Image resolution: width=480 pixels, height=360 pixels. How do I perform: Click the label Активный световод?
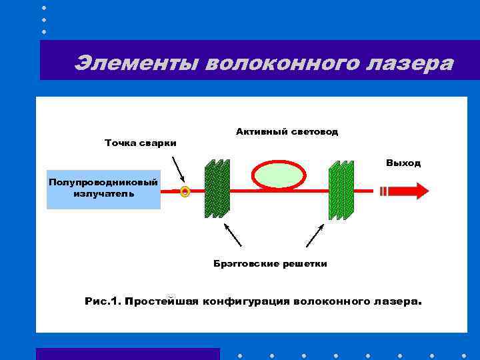tap(287, 132)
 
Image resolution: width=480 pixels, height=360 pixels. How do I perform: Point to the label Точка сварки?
tap(141, 143)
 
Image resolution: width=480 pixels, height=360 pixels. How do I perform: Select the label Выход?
tap(403, 163)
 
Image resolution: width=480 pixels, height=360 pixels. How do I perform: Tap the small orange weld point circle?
tap(185, 192)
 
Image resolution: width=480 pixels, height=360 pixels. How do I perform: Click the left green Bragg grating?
tap(216, 189)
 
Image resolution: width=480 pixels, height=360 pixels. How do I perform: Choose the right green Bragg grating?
tap(341, 190)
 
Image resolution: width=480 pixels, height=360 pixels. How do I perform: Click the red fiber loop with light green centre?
tap(274, 175)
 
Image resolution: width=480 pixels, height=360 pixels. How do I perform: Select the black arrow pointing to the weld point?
tap(179, 169)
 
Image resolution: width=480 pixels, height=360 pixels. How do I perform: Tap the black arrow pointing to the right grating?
tap(315, 235)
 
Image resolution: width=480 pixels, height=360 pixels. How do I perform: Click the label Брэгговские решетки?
tap(270, 264)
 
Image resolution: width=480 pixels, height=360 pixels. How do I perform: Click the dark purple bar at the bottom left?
tap(127, 354)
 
